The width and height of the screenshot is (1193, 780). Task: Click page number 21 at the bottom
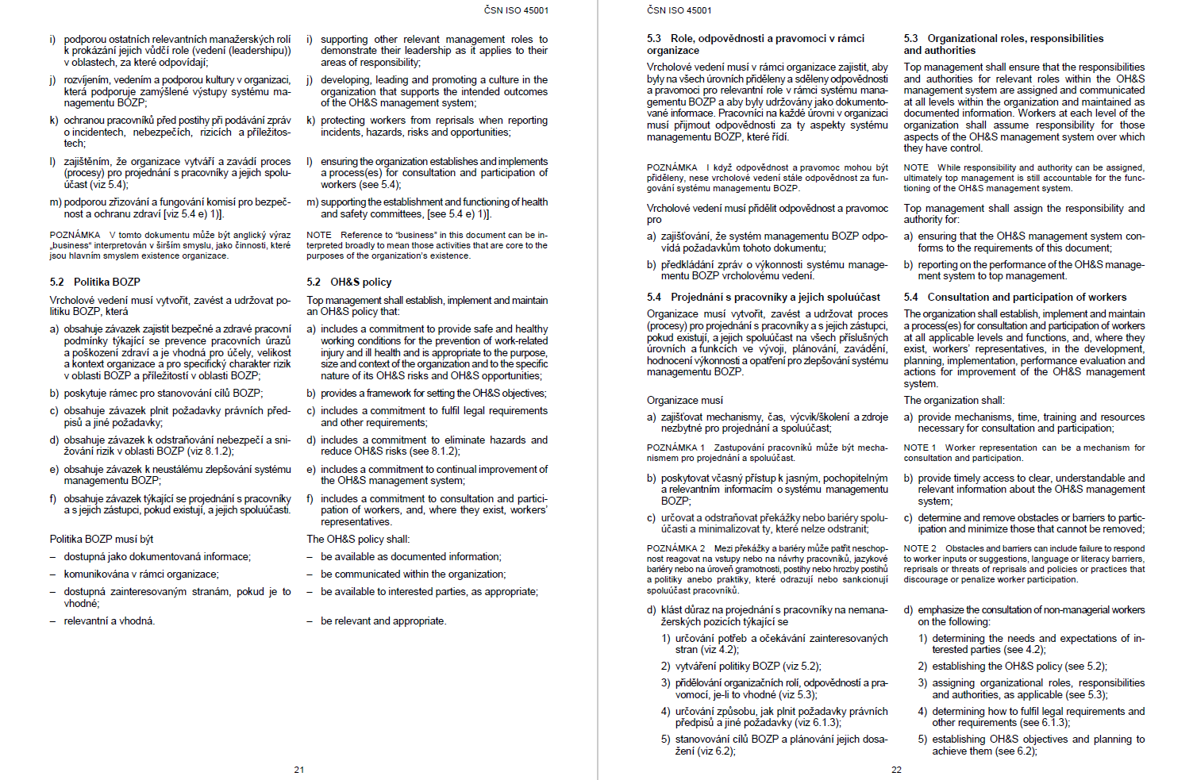pyautogui.click(x=299, y=770)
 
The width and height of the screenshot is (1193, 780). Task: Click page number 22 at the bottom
pyautogui.click(x=896, y=770)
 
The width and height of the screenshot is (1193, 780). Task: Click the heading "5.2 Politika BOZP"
pyautogui.click(x=94, y=282)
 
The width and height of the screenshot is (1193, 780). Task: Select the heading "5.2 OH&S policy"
pyautogui.click(x=349, y=282)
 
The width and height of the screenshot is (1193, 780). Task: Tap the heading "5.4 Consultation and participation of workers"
pyautogui.click(x=1015, y=297)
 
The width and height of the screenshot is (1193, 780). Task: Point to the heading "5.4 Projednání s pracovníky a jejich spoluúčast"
pyautogui.click(x=764, y=297)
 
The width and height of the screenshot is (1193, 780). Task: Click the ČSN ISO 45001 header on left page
pyautogui.click(x=516, y=10)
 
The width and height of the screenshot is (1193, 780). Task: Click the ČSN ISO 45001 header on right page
pyautogui.click(x=679, y=10)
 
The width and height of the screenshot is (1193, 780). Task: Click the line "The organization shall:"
pyautogui.click(x=954, y=400)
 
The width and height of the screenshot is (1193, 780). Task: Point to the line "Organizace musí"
pyautogui.click(x=685, y=400)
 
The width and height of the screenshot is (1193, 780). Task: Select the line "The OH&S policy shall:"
pyautogui.click(x=358, y=539)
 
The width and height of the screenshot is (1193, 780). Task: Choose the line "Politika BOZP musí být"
pyautogui.click(x=102, y=539)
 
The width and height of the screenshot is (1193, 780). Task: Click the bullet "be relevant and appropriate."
pyautogui.click(x=383, y=621)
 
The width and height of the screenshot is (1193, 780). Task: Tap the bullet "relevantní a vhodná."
pyautogui.click(x=110, y=621)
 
